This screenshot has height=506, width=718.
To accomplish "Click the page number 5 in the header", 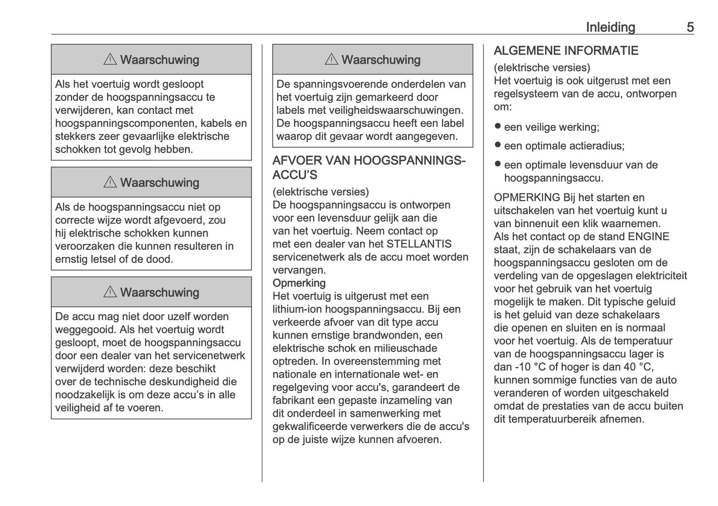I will click(x=690, y=27).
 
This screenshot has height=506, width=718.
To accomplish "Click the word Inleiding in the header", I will click(x=610, y=27).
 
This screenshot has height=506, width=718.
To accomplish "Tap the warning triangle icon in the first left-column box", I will click(x=110, y=60).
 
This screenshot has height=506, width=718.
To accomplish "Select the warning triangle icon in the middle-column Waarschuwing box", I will click(x=331, y=60).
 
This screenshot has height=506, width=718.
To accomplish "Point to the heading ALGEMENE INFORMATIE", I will click(x=566, y=51).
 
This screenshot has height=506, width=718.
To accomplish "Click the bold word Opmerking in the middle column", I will click(x=299, y=283).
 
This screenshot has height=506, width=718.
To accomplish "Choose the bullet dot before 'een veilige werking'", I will click(x=497, y=126).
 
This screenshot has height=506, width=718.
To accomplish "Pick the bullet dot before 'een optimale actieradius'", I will click(x=497, y=145).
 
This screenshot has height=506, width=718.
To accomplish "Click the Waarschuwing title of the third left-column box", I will click(x=160, y=292).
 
